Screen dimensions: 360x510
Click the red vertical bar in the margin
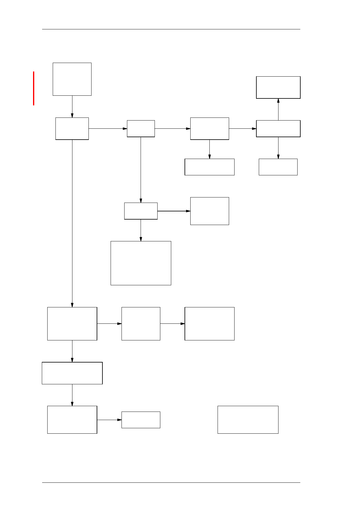click(34, 88)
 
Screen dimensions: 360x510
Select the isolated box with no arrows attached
click(248, 419)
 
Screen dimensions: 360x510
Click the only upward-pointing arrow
click(278, 109)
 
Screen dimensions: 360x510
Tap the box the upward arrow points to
click(278, 87)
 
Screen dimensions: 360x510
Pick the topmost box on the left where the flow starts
click(72, 79)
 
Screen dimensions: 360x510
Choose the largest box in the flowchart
click(141, 263)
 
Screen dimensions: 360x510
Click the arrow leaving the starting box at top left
click(72, 106)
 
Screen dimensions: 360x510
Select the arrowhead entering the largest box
click(141, 239)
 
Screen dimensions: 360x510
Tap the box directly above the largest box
click(141, 211)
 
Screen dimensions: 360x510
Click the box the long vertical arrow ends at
click(72, 323)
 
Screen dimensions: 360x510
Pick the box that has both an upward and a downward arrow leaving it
click(278, 128)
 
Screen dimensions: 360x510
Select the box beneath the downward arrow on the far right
click(278, 167)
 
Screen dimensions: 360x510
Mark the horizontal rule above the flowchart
click(171, 29)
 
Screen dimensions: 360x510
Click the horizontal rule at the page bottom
click(171, 482)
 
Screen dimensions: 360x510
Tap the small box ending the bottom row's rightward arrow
click(141, 420)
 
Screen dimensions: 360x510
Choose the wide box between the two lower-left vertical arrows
click(72, 373)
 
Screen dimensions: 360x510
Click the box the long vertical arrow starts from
click(72, 128)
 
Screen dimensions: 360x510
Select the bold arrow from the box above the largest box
click(174, 211)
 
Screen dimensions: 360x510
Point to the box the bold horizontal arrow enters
click(209, 211)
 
